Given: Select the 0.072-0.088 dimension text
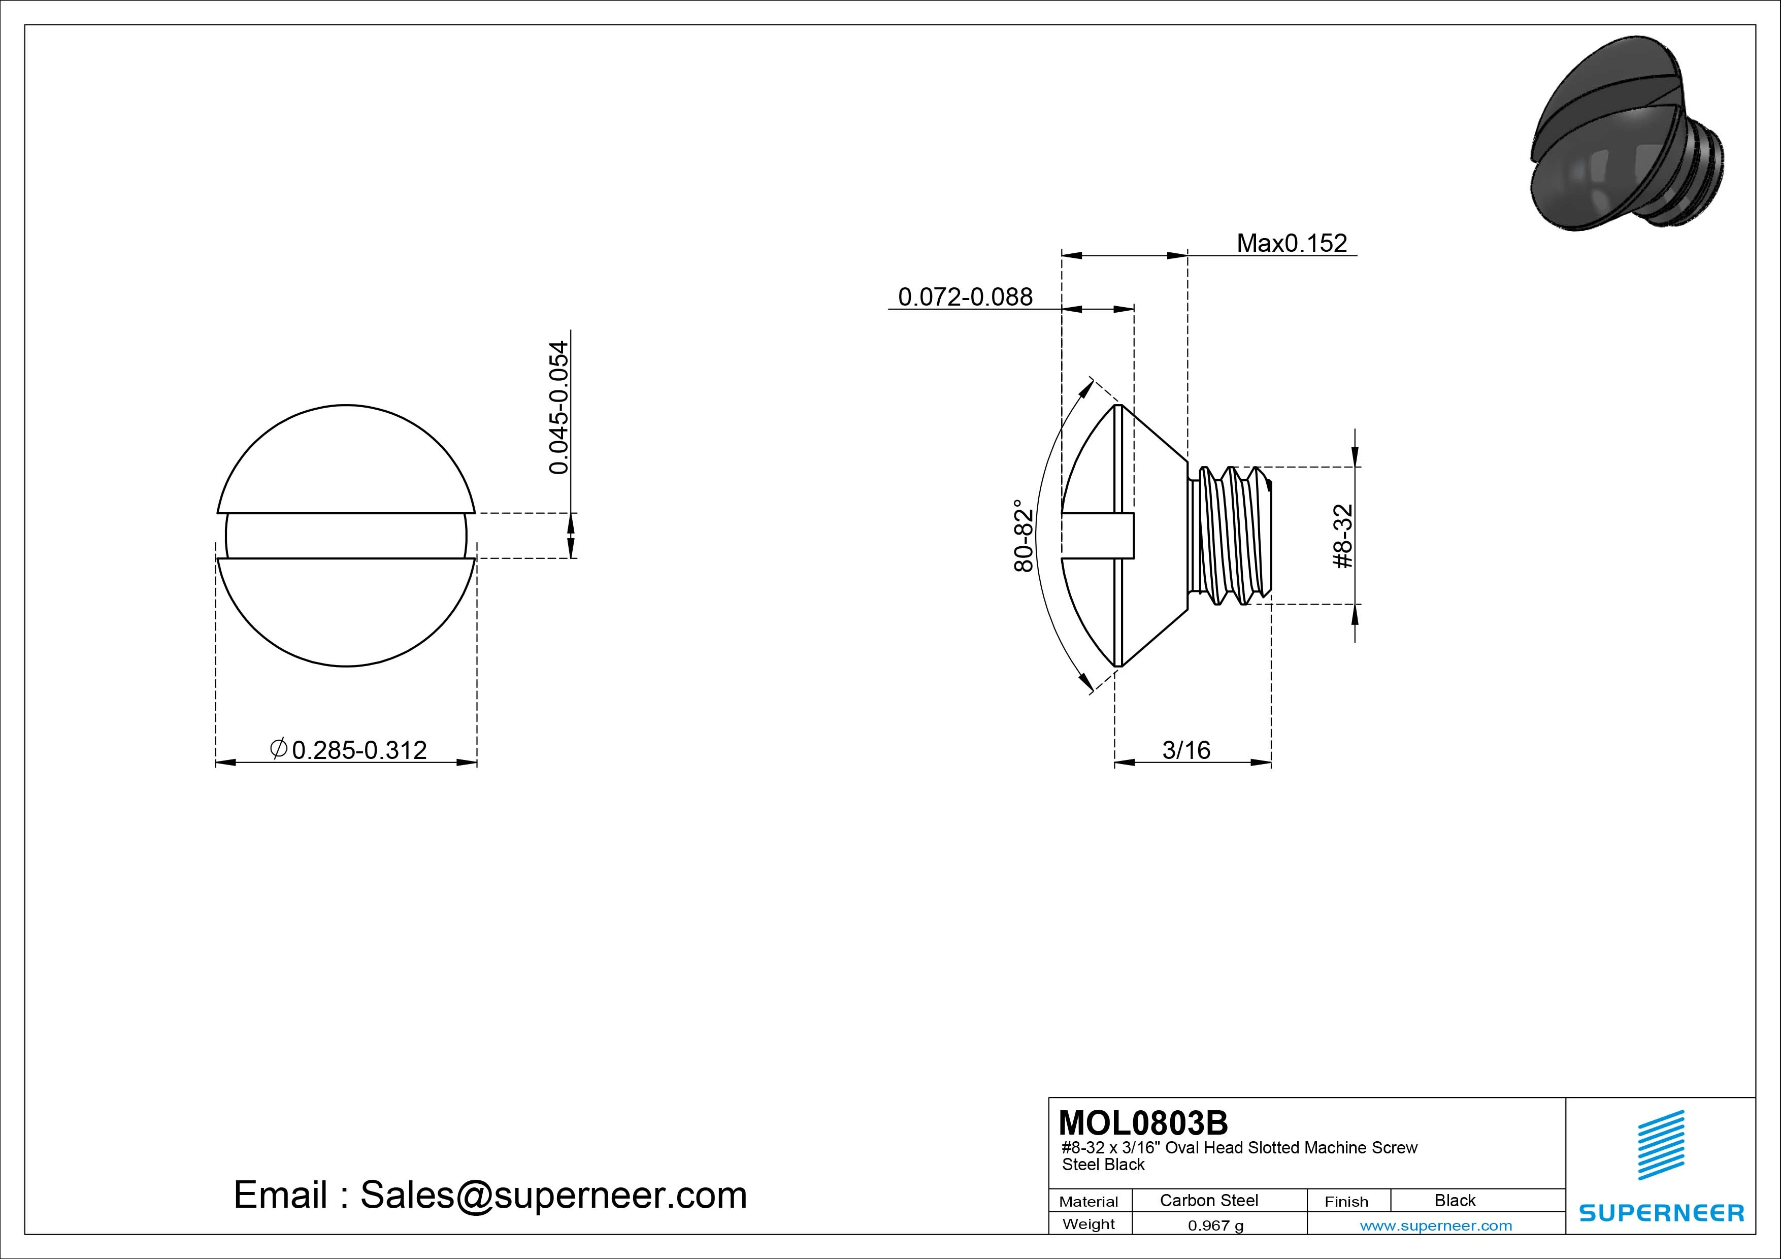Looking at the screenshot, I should [x=965, y=296].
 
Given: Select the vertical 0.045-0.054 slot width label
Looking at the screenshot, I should [x=558, y=407].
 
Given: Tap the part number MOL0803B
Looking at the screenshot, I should [x=1143, y=1122].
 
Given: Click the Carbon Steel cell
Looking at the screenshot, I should [x=1208, y=1200].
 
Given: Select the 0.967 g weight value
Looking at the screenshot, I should [x=1215, y=1225].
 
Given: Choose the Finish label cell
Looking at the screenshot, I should [x=1346, y=1201].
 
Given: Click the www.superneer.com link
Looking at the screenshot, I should [x=1436, y=1225].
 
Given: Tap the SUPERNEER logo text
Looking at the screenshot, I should [x=1661, y=1212].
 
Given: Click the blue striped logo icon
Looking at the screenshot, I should [x=1661, y=1145].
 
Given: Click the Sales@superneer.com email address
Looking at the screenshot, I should [x=553, y=1195].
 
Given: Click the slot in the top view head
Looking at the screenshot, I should [x=346, y=535].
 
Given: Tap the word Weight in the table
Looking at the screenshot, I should [x=1089, y=1224].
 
